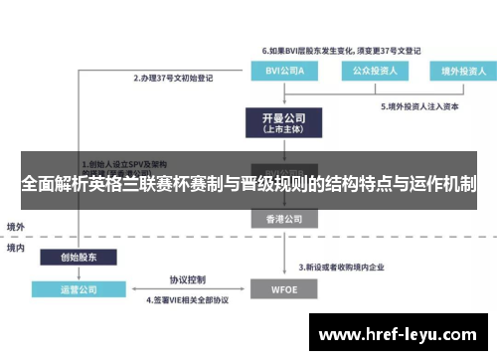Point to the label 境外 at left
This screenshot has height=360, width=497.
point(16,227)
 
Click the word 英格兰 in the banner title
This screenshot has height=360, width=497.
point(141,183)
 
